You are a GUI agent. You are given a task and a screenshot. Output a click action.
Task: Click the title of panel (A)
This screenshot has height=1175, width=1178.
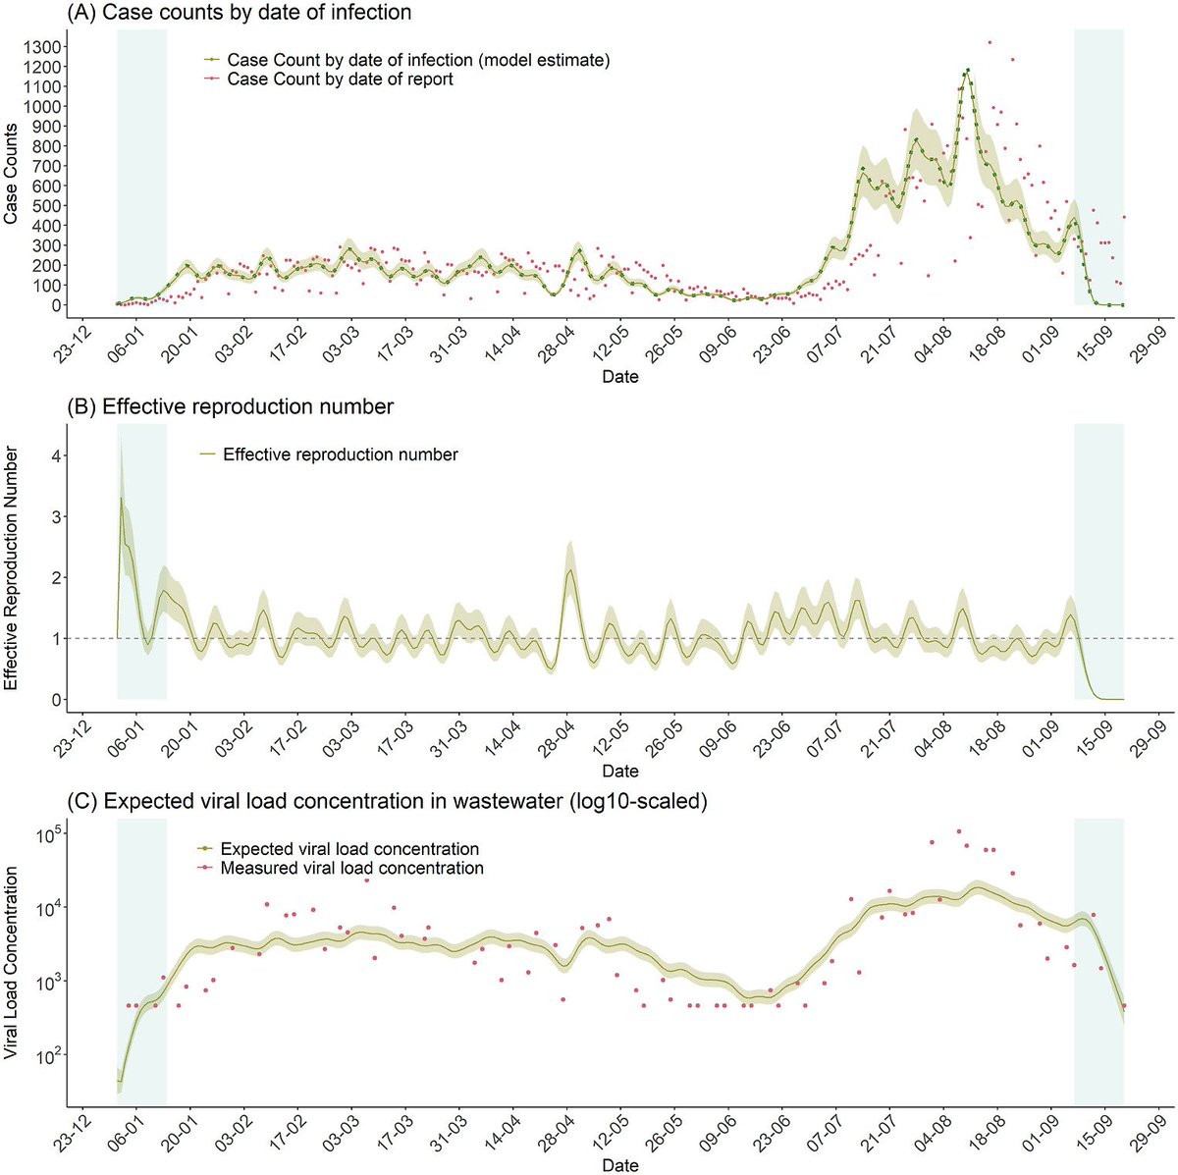coord(239,13)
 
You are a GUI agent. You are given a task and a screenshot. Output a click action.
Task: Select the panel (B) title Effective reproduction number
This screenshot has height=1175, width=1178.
coord(230,406)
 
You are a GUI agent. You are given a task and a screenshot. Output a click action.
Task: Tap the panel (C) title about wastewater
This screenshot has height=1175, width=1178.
coord(386,801)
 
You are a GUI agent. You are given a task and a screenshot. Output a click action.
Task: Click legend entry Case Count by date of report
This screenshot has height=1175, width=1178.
coord(340,80)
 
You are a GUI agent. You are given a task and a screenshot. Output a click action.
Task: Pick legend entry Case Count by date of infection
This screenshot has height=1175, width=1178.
coord(418,61)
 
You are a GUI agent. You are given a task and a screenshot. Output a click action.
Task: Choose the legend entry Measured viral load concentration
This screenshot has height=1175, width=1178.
coord(351,869)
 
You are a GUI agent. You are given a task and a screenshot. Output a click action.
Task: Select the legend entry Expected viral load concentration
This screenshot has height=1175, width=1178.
coord(349,849)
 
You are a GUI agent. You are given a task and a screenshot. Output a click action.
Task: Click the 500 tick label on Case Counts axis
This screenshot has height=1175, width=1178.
coord(48,205)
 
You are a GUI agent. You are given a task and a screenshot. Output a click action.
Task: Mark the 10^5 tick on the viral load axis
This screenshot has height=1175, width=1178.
coord(47,835)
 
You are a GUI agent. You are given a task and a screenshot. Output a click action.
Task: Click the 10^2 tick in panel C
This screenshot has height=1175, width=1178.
coord(47,1055)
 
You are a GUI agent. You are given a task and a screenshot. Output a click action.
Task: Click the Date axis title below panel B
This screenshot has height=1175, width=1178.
coord(619,772)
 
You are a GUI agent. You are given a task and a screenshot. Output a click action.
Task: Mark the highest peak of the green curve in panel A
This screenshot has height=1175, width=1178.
coord(967,70)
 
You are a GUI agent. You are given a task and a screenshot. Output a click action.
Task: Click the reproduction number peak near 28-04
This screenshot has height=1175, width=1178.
coord(569,570)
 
